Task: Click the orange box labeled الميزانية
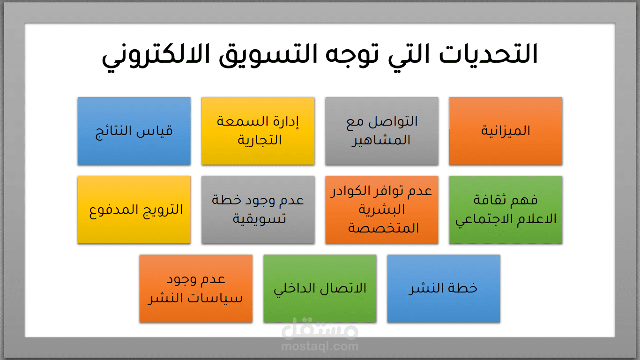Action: (506, 131)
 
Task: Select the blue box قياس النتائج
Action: (134, 131)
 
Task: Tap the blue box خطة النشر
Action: (444, 288)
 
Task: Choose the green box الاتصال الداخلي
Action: (320, 288)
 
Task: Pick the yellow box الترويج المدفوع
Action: (134, 210)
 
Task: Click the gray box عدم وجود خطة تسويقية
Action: (258, 210)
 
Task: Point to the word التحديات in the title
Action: (488, 54)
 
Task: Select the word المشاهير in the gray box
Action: (381, 141)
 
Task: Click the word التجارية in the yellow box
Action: (260, 141)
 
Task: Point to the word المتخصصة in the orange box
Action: (383, 228)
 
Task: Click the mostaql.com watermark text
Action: (320, 346)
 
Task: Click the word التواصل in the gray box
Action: (393, 121)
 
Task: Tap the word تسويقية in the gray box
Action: (260, 219)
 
